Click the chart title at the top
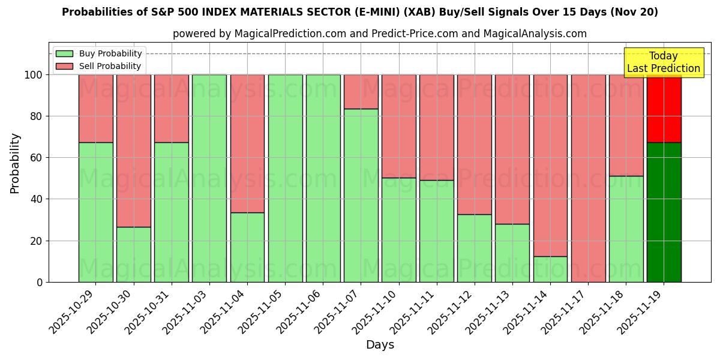point(359,12)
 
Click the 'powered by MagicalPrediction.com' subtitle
point(379,34)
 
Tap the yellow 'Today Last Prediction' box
point(663,62)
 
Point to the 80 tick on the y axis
point(37,116)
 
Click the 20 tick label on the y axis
point(37,241)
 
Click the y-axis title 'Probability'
point(15,163)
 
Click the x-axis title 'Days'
point(380,345)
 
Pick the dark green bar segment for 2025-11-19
point(664,212)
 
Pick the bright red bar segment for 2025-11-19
point(664,109)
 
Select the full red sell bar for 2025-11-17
point(588,178)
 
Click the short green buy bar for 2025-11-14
point(550,269)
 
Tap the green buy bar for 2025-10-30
point(133,254)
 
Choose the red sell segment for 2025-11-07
point(361,92)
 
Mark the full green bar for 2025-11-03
point(209,178)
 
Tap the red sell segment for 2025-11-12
point(474,145)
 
